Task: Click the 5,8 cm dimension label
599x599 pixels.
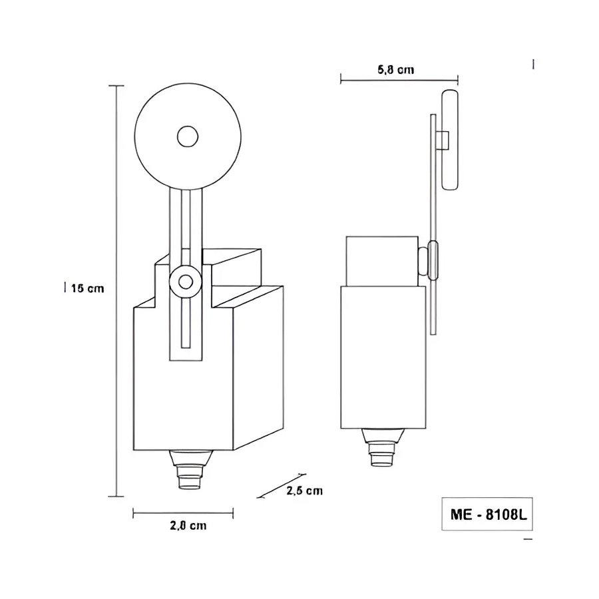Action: pos(395,70)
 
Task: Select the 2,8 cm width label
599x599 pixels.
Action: pos(188,526)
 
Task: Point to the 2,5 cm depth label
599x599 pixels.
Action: pos(304,491)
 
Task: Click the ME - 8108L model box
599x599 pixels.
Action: pos(487,514)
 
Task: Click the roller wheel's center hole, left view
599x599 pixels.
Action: pos(188,136)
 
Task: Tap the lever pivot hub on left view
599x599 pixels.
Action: pos(186,283)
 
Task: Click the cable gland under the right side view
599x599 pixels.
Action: pos(383,447)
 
